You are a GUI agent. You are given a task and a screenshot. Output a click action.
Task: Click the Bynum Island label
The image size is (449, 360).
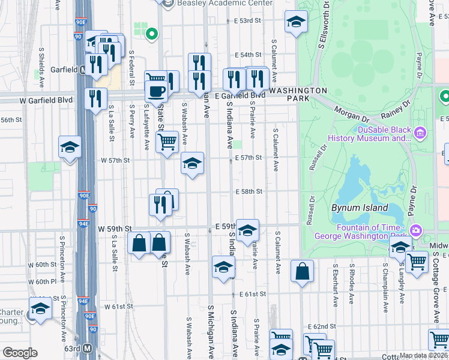point(360,208)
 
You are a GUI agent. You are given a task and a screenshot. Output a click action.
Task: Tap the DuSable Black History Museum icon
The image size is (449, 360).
point(420,132)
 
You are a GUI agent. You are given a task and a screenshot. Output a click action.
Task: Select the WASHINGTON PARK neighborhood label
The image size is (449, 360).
point(298,91)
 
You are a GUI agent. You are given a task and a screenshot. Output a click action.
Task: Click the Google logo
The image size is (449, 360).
point(20,352)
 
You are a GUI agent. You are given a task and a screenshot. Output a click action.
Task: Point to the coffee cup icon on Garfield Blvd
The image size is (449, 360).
point(157,91)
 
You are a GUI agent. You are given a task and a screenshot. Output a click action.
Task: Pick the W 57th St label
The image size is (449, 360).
point(115,161)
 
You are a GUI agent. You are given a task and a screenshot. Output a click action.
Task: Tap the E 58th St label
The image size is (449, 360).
point(250,191)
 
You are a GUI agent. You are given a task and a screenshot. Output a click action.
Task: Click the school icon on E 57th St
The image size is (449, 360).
point(192,163)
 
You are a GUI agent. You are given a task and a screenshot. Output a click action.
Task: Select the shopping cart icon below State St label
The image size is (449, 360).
point(167,142)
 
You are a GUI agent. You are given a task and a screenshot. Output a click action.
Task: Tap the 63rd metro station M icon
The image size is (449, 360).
point(88,348)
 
